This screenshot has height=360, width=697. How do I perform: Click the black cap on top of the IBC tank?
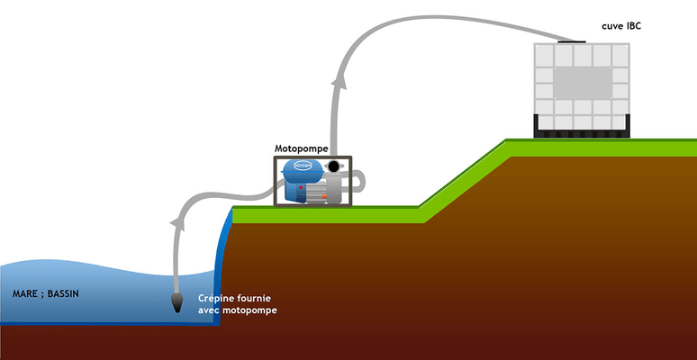pos(571,40)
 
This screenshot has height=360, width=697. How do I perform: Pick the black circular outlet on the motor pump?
pos(335,167)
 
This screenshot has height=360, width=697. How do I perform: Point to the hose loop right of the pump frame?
pos(359,180)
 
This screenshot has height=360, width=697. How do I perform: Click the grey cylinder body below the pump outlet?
pos(332,190)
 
